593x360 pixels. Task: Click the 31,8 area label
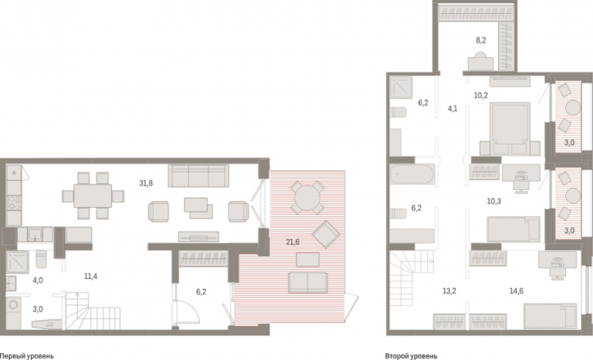[146, 183]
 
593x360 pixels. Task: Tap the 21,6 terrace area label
[293, 242]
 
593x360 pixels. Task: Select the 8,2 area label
[481, 40]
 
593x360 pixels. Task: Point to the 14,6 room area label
[516, 290]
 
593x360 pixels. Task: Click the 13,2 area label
[449, 290]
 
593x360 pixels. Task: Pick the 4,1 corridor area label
[452, 109]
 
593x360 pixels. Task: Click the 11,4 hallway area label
[91, 277]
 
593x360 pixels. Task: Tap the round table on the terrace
[307, 198]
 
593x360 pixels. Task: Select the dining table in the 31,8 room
[93, 196]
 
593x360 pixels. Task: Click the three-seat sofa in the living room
[199, 175]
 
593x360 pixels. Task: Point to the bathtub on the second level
[412, 174]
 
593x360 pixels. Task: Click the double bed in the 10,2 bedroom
[510, 128]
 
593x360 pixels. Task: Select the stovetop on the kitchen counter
[14, 202]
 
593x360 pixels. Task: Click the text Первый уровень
[27, 356]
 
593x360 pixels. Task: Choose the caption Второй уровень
[411, 356]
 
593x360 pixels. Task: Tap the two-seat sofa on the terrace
[308, 283]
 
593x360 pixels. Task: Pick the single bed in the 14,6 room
[550, 316]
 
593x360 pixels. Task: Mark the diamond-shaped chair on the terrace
[326, 235]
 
